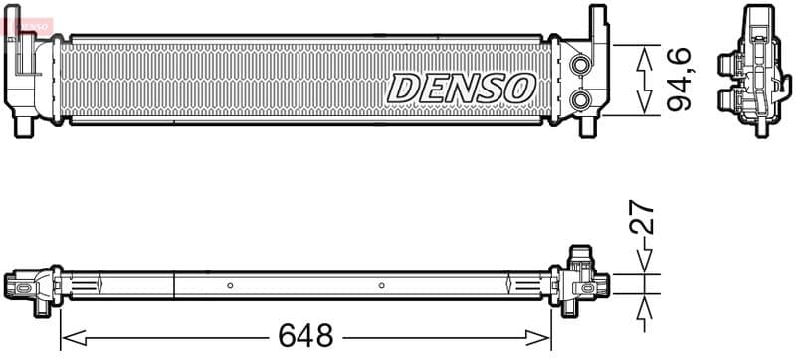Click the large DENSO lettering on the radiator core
pos(461,88)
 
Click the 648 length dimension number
pos(303,335)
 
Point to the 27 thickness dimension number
pos(643,217)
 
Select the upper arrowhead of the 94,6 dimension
pos(644,54)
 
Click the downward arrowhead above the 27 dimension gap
pos(644,265)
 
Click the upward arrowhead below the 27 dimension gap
pos(644,303)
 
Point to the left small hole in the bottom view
pos(230,285)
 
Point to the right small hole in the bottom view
pos(382,285)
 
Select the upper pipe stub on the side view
pos(725,68)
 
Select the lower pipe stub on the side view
pos(725,99)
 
